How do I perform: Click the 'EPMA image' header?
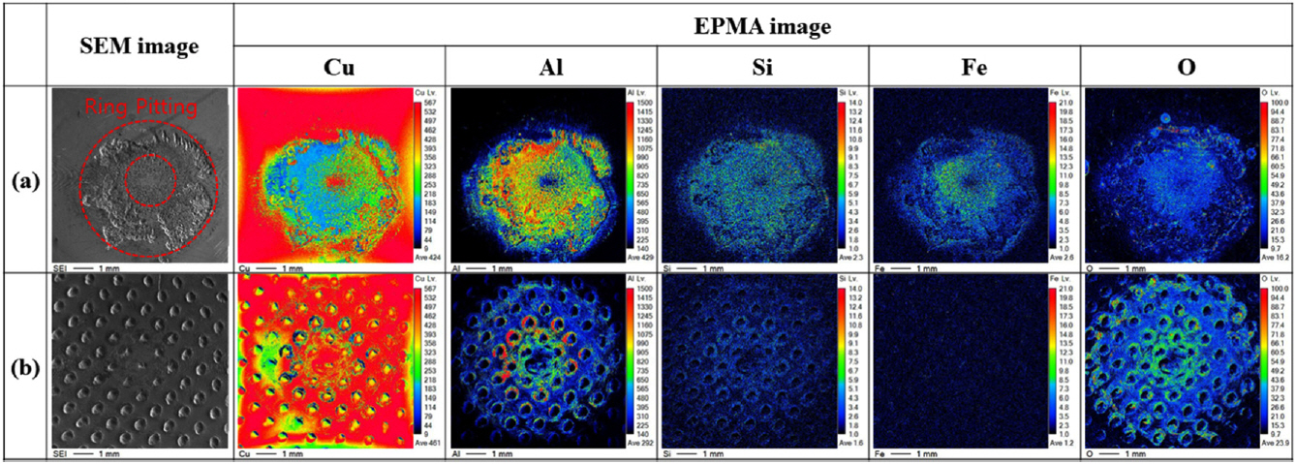pyautogui.click(x=763, y=27)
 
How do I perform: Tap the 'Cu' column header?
pyautogui.click(x=339, y=68)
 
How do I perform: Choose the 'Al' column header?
pyautogui.click(x=551, y=68)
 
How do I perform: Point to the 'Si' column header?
pyautogui.click(x=762, y=68)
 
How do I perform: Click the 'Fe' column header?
pyautogui.click(x=974, y=68)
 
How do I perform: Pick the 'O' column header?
pyautogui.click(x=1187, y=68)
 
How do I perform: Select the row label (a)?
pyautogui.click(x=23, y=179)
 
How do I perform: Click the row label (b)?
pyautogui.click(x=23, y=370)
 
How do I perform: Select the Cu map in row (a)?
pyautogui.click(x=324, y=174)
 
